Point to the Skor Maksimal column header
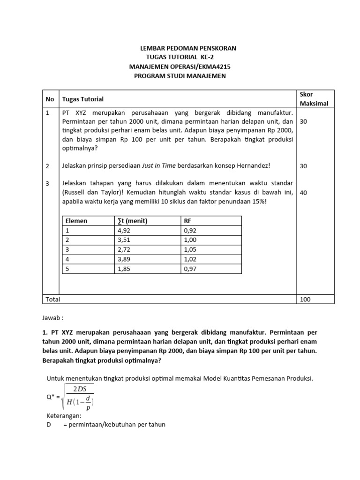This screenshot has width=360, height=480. click(314, 99)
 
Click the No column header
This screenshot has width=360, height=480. click(50, 99)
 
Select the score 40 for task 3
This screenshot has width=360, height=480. click(304, 193)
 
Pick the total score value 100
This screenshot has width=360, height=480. click(305, 299)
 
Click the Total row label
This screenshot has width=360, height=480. click(52, 299)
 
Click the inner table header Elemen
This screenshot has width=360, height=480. click(76, 221)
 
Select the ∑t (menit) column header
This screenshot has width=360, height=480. click(131, 221)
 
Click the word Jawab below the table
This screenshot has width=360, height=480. click(53, 317)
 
